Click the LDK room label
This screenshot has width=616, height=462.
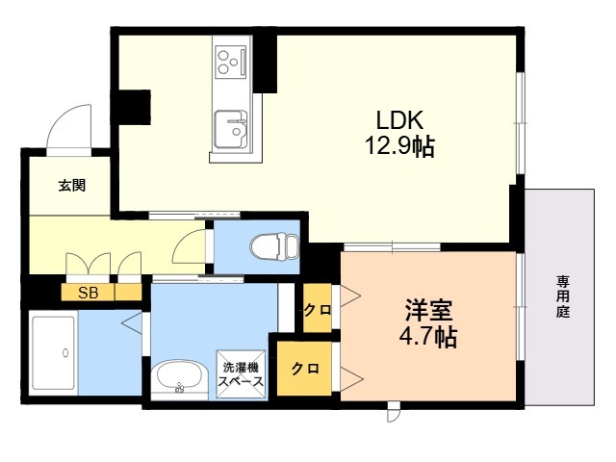coord(400,120)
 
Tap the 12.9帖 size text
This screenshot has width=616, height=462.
coord(400,146)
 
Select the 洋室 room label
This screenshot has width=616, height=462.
coord(428,310)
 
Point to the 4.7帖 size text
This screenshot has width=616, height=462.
coord(428,336)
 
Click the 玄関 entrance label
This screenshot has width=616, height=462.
coord(72,186)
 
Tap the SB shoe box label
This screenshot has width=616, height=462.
coord(88,293)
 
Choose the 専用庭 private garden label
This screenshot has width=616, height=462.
coord(563,296)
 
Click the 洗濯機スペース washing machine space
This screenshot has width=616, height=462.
coord(241,374)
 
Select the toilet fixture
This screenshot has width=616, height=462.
coord(274,246)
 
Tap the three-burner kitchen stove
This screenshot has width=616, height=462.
coord(231,62)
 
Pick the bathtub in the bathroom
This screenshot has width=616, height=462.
coord(54,353)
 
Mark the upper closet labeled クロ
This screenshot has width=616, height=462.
coord(318,308)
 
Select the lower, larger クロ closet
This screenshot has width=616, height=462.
coord(304,369)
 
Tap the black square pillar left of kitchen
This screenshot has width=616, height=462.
coord(131,107)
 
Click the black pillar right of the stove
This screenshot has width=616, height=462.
coord(266,64)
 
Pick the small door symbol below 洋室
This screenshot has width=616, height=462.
coord(394,412)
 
